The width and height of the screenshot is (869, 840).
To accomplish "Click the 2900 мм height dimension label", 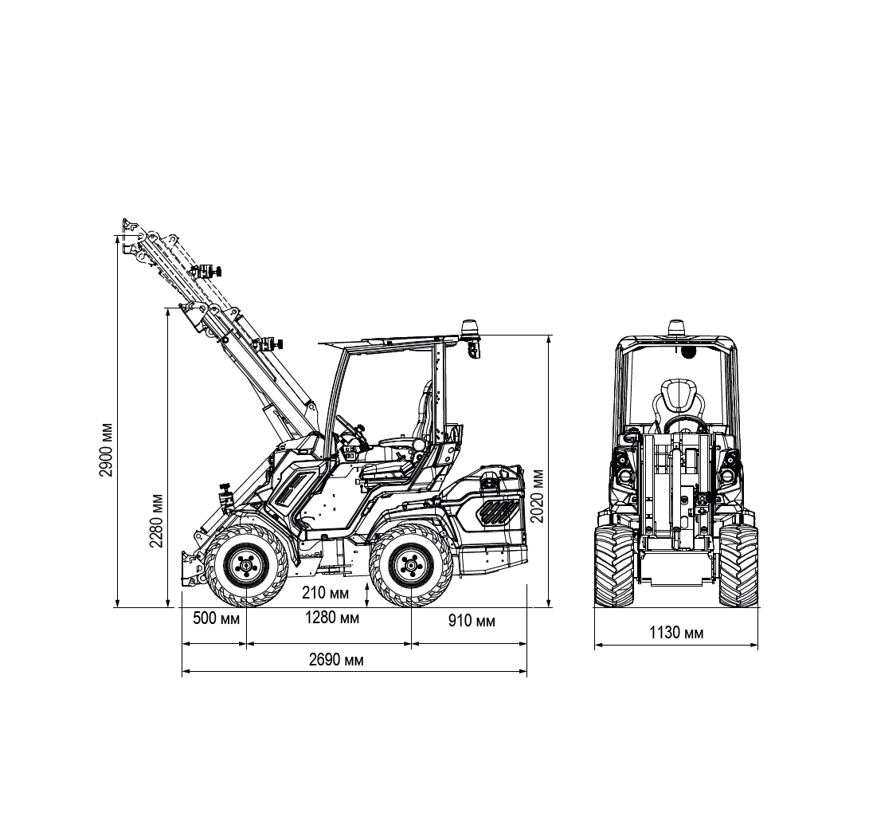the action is [x=106, y=449].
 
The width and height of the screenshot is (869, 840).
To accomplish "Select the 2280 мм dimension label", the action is [x=156, y=520].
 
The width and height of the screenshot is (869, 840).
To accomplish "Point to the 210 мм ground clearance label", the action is [x=325, y=593].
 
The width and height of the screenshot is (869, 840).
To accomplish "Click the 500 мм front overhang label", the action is [x=216, y=618].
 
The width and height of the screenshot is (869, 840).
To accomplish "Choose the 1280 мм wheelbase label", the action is [x=332, y=617].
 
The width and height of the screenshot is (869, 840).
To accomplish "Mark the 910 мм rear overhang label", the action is [x=471, y=620].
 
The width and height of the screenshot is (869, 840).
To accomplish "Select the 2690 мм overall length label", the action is [x=336, y=660].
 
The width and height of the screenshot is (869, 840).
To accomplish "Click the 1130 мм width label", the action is [x=676, y=632].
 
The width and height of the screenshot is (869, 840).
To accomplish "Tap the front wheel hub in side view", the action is [x=245, y=566].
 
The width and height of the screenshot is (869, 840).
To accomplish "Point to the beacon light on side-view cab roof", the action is [x=469, y=328].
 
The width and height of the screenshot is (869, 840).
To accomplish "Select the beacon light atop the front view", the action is [x=676, y=326].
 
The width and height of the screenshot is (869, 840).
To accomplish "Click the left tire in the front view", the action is [x=614, y=565].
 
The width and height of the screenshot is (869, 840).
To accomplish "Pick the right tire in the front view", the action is [x=738, y=565].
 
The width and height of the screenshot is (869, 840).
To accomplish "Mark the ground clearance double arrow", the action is [x=367, y=595].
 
